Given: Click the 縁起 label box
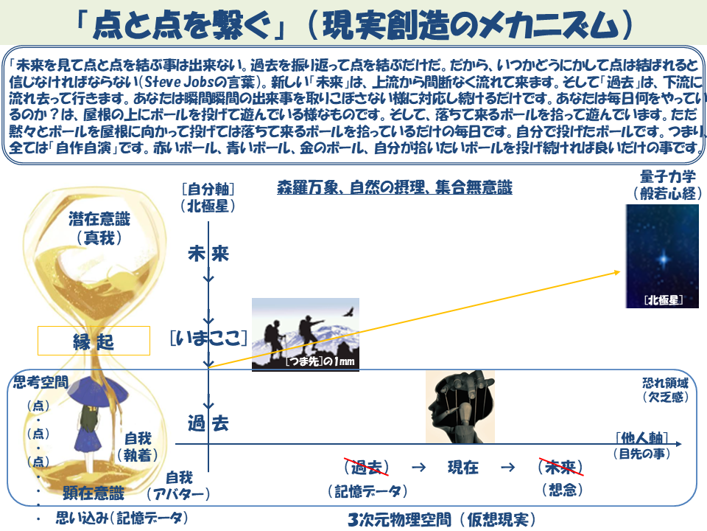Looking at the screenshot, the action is pyautogui.click(x=94, y=341).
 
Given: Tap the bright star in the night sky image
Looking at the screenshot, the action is pyautogui.click(x=664, y=259).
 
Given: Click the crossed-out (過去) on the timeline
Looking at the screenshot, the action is pyautogui.click(x=366, y=467).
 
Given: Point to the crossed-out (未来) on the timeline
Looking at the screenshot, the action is pyautogui.click(x=561, y=467).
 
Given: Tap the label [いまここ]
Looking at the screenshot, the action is pyautogui.click(x=208, y=338).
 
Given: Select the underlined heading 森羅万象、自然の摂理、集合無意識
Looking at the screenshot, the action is pyautogui.click(x=395, y=187).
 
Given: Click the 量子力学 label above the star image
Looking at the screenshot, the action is pyautogui.click(x=668, y=176).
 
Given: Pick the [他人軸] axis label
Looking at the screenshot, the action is pyautogui.click(x=641, y=437).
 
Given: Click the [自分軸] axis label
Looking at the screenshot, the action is pyautogui.click(x=208, y=189).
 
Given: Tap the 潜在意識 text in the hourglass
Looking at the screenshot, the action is pyautogui.click(x=99, y=219).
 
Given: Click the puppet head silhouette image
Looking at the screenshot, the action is pyautogui.click(x=460, y=406).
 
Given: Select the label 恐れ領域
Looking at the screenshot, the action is pyautogui.click(x=666, y=383).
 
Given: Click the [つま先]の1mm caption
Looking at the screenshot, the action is pyautogui.click(x=320, y=361).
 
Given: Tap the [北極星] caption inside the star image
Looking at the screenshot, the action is pyautogui.click(x=664, y=300).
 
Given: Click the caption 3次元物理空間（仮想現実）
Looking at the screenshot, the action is pyautogui.click(x=442, y=519).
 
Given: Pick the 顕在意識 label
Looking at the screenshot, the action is pyautogui.click(x=94, y=493).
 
